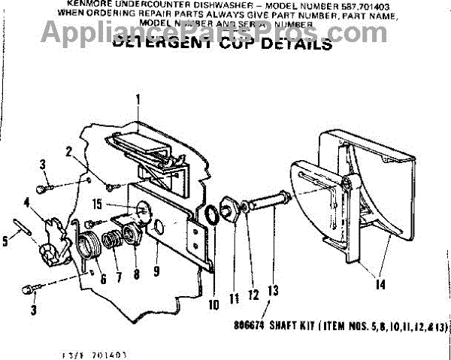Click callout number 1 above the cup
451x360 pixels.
(x=138, y=99)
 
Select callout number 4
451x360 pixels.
(x=27, y=201)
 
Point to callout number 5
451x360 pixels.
(x=7, y=242)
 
